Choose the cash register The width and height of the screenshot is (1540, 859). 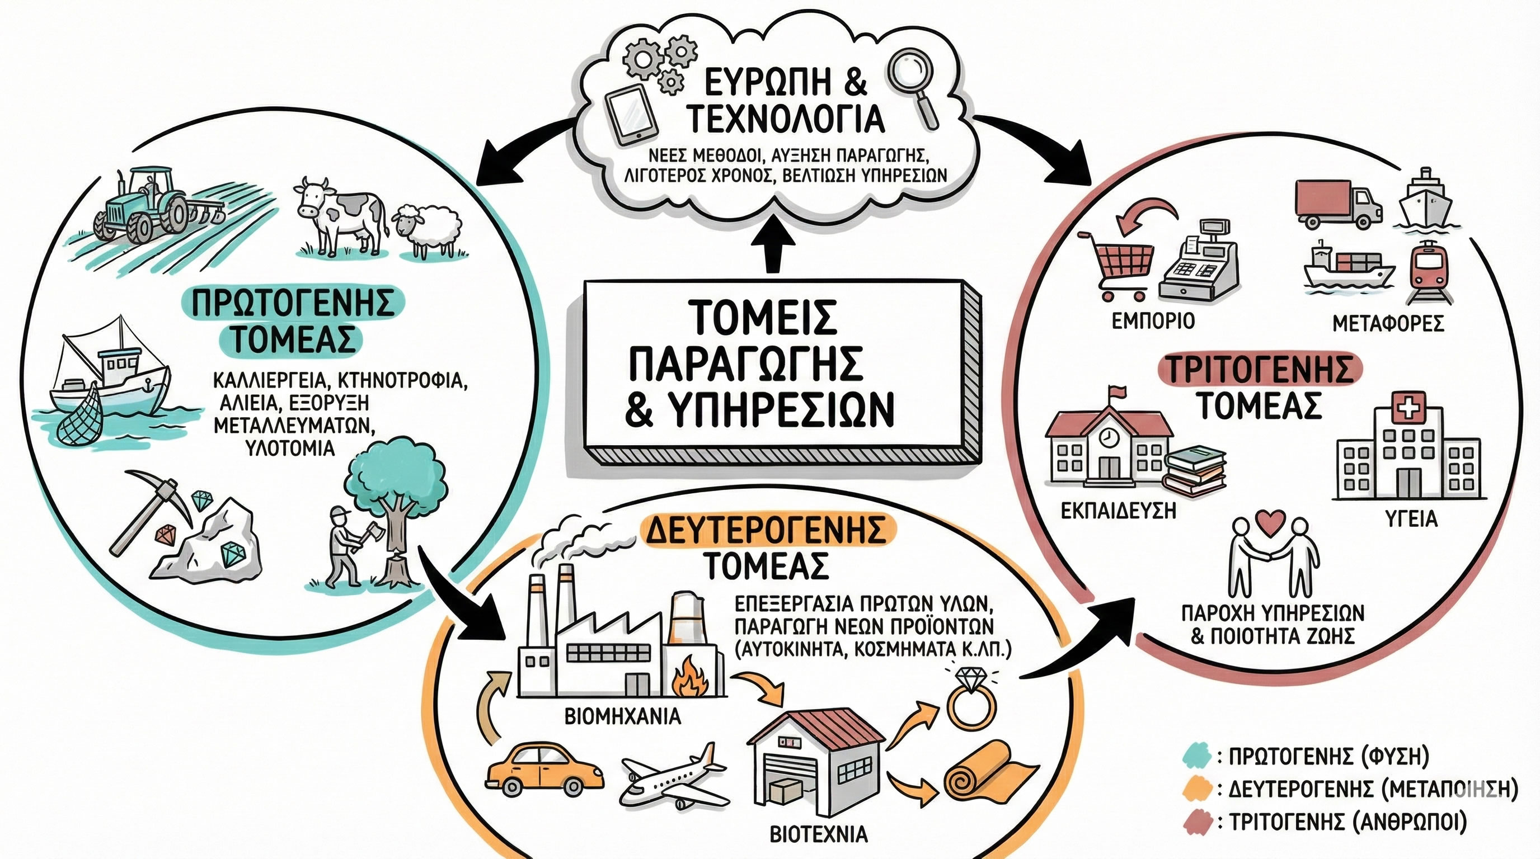(1199, 263)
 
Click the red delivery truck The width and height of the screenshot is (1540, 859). (1338, 204)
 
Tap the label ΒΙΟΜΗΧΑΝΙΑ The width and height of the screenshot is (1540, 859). (622, 716)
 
